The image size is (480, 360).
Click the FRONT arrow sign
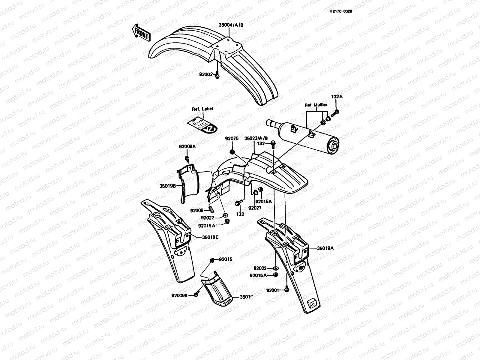pos(141,32)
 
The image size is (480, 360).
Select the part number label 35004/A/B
pos(231,25)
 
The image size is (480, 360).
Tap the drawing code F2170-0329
pos(341,11)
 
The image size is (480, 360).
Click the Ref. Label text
pos(202,109)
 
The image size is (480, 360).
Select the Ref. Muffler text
pos(316,105)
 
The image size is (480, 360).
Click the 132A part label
pos(337,97)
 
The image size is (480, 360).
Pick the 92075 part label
pos(232,139)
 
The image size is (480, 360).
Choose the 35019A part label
pos(325,248)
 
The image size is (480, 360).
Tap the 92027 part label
pos(255,208)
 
